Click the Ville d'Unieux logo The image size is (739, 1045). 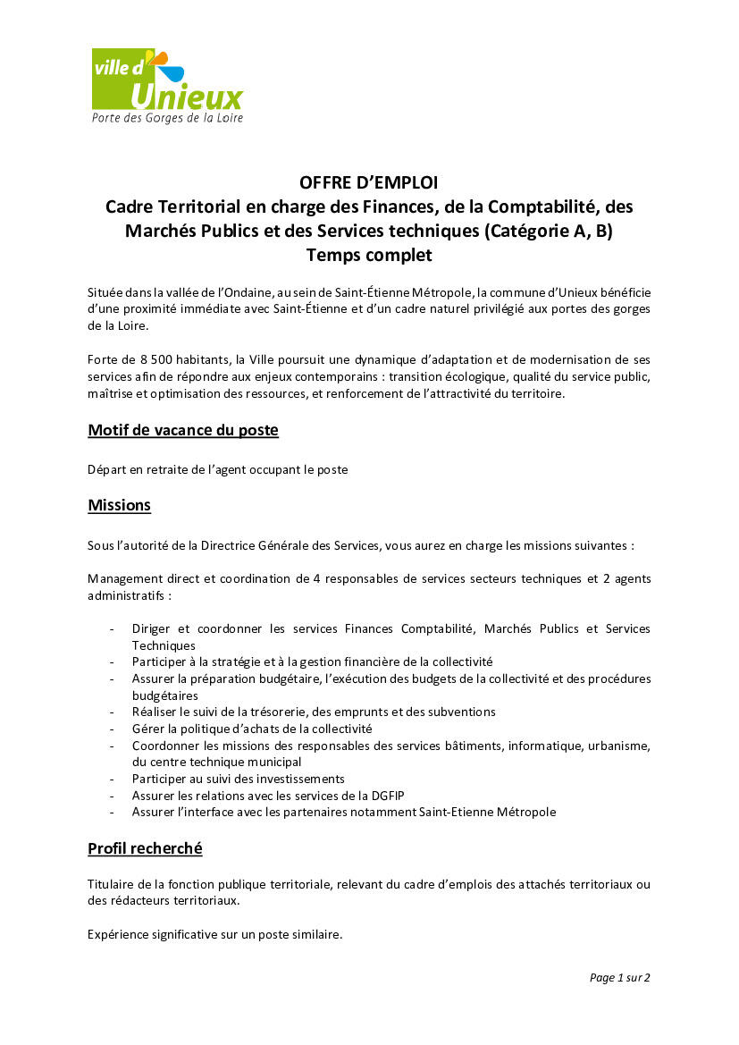(167, 85)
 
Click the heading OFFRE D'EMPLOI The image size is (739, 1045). (369, 183)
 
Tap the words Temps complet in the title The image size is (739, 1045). (369, 255)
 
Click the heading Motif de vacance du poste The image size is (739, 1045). (183, 430)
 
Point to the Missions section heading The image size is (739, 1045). (119, 505)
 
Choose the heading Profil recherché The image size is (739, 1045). (145, 847)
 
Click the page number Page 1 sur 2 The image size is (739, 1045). (619, 977)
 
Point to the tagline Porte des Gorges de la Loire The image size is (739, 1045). (167, 118)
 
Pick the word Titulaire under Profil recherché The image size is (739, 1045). (111, 884)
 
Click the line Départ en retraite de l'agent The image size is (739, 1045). (217, 469)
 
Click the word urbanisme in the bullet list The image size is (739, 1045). (618, 746)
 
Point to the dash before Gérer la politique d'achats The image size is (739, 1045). (111, 729)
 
